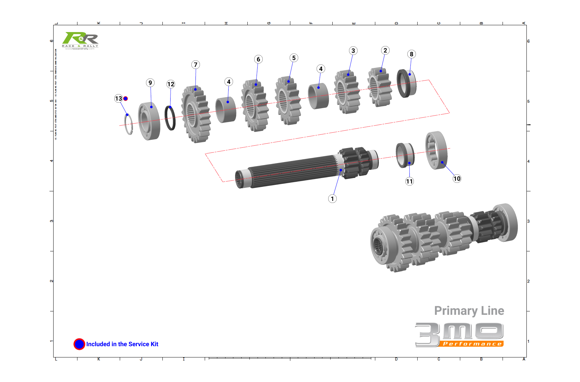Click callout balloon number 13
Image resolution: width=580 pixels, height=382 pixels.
pyautogui.click(x=118, y=99)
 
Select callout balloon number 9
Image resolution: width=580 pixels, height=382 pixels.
pyautogui.click(x=150, y=83)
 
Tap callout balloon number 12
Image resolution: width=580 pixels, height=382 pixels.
pyautogui.click(x=171, y=84)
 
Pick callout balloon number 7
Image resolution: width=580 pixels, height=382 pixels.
pyautogui.click(x=195, y=65)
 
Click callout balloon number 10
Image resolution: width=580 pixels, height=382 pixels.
pyautogui.click(x=457, y=178)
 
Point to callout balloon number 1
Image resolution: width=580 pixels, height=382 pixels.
pyautogui.click(x=332, y=199)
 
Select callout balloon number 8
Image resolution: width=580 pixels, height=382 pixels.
pyautogui.click(x=411, y=54)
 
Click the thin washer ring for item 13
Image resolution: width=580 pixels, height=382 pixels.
pyautogui.click(x=129, y=124)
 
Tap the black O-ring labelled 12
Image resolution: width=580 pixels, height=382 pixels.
pyautogui.click(x=170, y=118)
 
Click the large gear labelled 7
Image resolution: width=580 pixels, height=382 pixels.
pyautogui.click(x=196, y=114)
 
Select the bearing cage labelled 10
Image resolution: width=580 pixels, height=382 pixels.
pyautogui.click(x=436, y=150)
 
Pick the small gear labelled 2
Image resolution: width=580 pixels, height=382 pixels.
pyautogui.click(x=379, y=87)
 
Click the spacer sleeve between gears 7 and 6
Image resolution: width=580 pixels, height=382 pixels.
pyautogui.click(x=226, y=109)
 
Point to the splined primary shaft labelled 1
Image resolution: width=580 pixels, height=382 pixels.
pyautogui.click(x=293, y=172)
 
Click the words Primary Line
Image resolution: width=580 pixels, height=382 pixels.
pyautogui.click(x=469, y=311)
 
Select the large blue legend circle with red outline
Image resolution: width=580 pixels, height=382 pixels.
pyautogui.click(x=79, y=344)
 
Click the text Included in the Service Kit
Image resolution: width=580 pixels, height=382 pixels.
pyautogui.click(x=122, y=344)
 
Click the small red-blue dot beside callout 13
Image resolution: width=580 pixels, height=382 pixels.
pyautogui.click(x=126, y=99)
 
